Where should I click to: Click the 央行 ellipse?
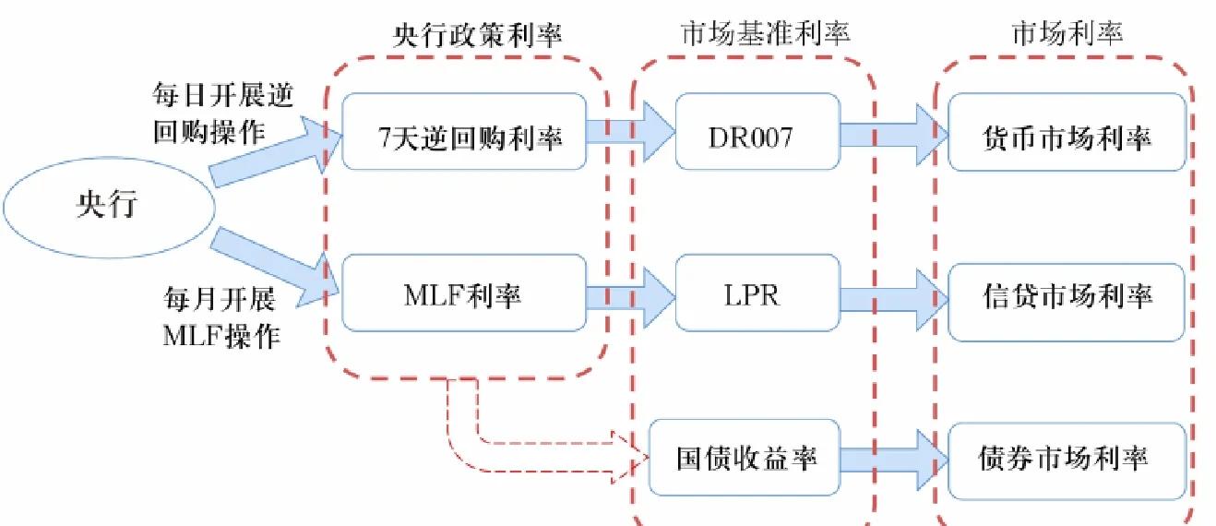107,204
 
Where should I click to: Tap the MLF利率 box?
464,293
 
